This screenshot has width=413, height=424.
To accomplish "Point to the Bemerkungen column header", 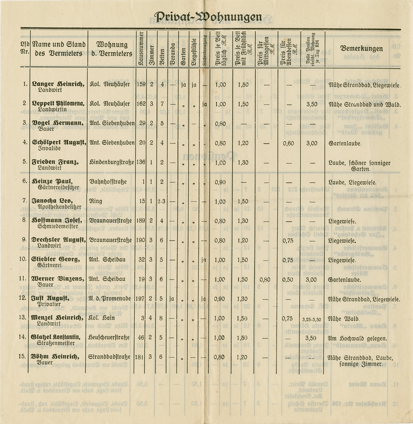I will coord(361,49).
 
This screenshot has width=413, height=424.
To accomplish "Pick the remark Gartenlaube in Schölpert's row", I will coord(345,143).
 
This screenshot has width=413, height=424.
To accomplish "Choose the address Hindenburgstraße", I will coord(110,162).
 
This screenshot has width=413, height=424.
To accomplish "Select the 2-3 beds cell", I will coord(162,201).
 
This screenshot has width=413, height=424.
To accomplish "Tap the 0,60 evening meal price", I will coord(288,143).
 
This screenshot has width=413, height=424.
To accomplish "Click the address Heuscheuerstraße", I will coord(110,338).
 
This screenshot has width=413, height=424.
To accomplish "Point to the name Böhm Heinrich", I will coord(55,357).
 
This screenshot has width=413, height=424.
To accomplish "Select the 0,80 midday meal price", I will coord(265,279).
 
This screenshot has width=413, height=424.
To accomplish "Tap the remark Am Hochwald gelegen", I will coord(357,338).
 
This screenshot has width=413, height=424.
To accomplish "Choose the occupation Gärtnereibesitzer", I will coord(59,187).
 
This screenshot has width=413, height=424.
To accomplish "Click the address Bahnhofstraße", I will coord(108,182).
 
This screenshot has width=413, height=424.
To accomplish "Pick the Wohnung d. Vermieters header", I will coord(114,49).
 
